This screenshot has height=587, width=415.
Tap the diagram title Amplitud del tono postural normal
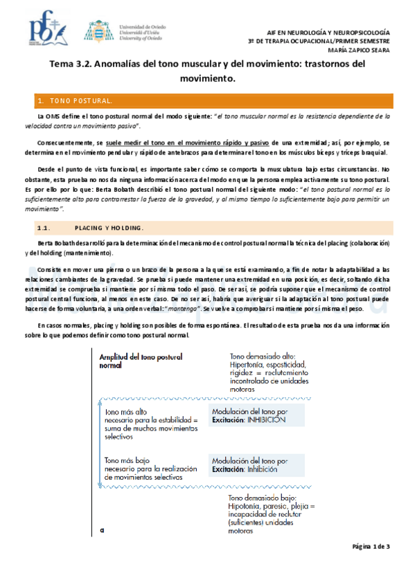point(141,361)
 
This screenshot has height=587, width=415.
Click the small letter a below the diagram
point(101,531)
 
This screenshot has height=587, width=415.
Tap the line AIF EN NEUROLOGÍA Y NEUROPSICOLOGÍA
point(329,33)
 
